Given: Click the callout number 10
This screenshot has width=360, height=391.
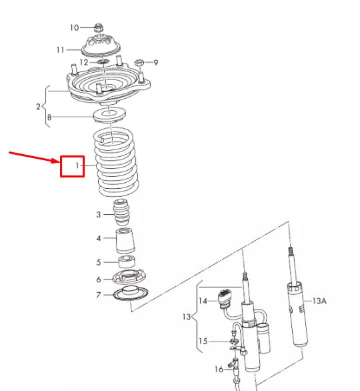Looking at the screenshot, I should point(74,27).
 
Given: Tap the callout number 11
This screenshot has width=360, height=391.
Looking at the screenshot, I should point(61,49).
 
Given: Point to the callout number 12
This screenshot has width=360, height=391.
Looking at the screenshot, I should point(83,62).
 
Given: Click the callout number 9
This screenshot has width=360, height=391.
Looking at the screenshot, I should point(156,63).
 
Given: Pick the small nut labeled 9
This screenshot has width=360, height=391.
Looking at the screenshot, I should point(140,63).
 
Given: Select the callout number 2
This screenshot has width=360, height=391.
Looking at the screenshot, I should point(38,106).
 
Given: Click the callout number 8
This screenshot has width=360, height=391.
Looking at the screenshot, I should point(49,117).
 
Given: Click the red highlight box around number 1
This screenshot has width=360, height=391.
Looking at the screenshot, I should point(72,165).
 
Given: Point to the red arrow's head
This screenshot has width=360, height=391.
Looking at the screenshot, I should point(59,161).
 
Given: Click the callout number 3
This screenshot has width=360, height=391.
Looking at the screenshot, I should point(98,215).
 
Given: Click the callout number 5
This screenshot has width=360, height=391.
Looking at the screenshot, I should point(98,262).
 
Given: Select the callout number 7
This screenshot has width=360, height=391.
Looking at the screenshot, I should point(98,295).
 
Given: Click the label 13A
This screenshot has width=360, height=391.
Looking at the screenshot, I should point(320,302).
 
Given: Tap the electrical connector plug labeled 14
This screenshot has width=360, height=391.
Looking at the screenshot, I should point(224,298).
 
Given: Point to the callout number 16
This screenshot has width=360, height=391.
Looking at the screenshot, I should point(219,369).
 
